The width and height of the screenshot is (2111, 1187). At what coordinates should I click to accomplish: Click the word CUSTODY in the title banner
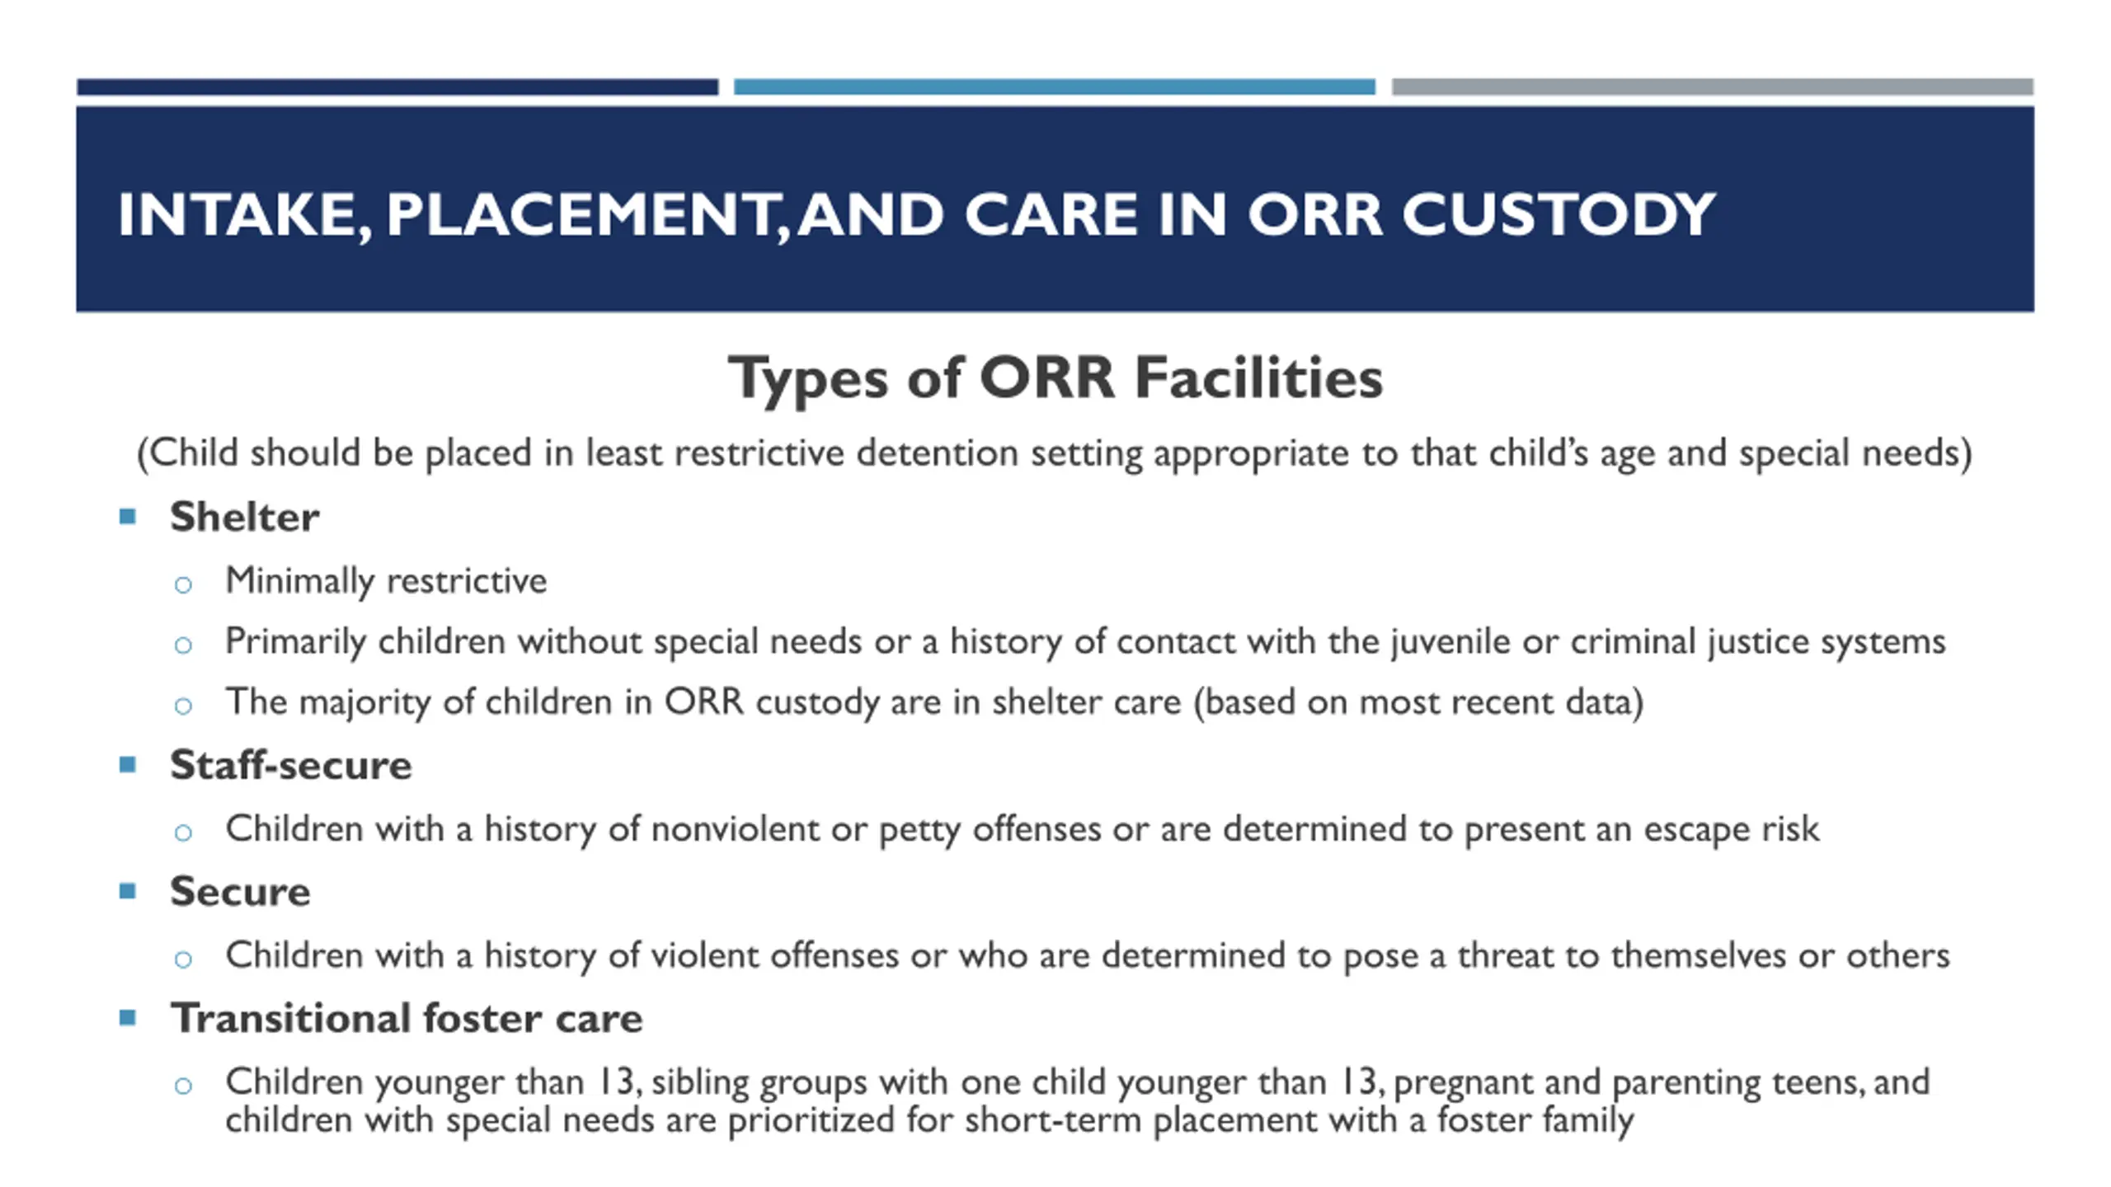coord(1559,214)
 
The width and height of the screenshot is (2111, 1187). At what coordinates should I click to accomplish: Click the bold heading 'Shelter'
coord(244,517)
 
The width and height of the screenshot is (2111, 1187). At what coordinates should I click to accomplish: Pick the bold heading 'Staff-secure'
coord(290,765)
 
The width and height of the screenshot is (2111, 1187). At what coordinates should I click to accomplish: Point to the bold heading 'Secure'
coord(240,892)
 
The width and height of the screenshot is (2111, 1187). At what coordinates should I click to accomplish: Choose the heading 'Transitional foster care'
coord(407,1018)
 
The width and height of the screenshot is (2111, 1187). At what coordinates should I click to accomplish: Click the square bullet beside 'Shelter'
coord(127,517)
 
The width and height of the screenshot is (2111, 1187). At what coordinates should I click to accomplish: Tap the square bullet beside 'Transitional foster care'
coord(127,1018)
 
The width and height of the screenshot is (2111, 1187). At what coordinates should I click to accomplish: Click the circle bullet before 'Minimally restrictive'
coord(183,585)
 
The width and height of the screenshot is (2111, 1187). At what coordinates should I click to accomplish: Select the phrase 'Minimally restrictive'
coord(386,581)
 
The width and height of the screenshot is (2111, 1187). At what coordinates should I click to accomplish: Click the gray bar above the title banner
coord(1713,87)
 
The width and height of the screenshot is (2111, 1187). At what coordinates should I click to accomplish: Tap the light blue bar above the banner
coord(1055,87)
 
